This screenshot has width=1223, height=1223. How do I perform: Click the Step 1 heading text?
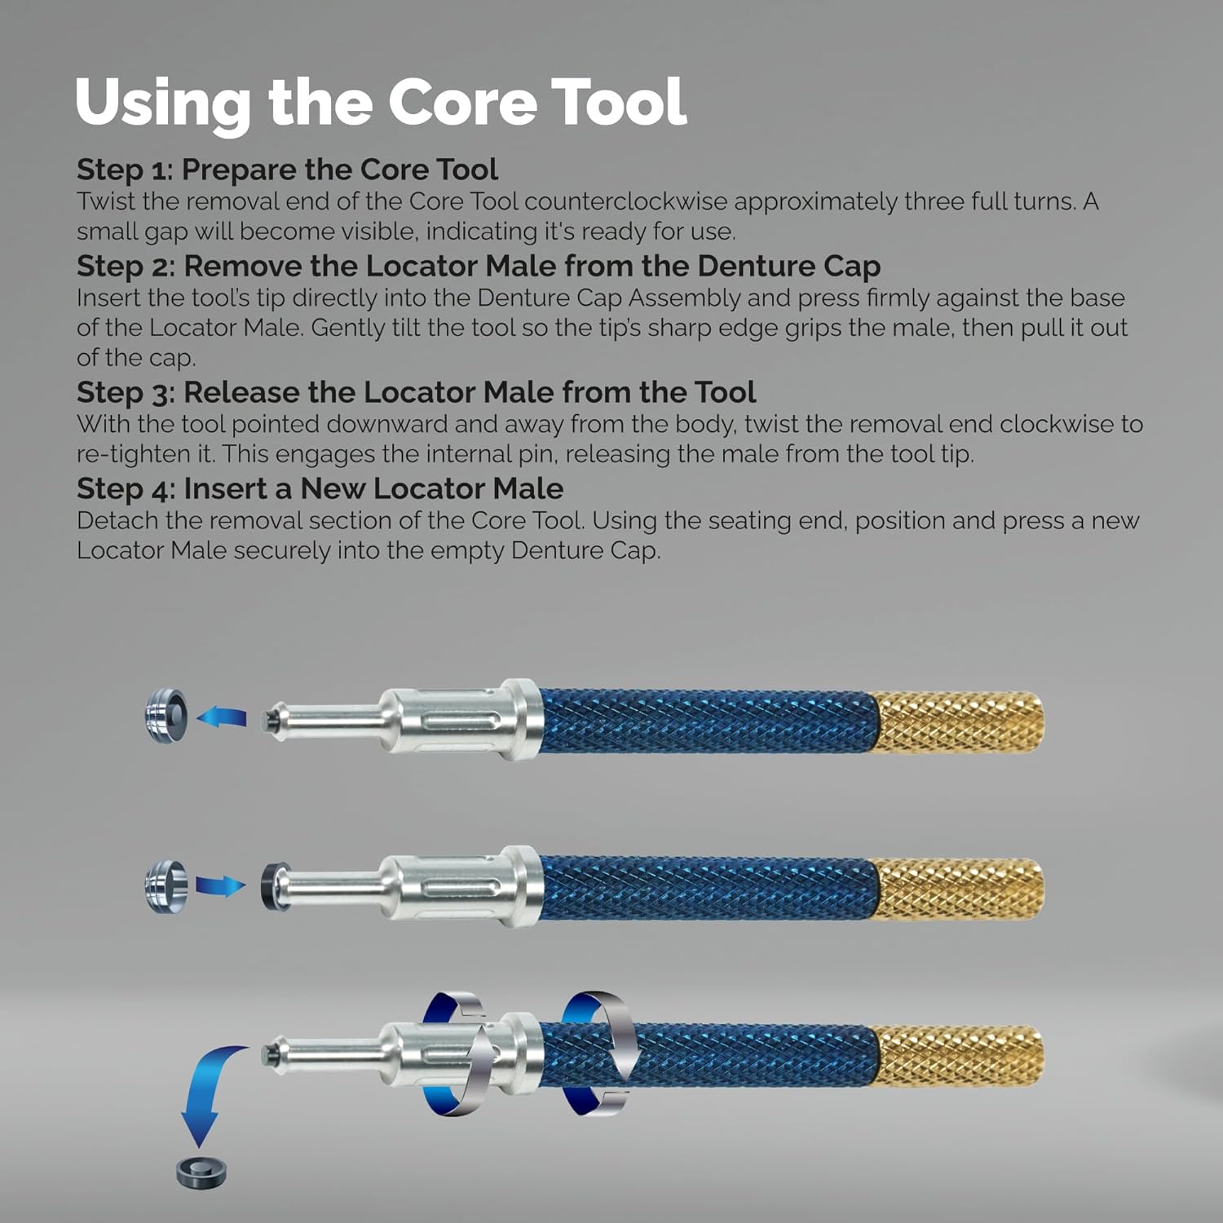287,170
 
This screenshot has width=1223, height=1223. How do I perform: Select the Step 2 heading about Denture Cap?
479,267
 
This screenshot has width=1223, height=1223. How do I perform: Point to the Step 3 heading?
416,392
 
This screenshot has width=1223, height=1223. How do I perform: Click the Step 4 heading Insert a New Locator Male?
320,488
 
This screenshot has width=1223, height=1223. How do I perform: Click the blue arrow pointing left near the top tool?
222,717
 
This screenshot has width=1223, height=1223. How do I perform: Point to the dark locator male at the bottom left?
201,1171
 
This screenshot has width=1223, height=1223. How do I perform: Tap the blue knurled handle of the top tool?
705,722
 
